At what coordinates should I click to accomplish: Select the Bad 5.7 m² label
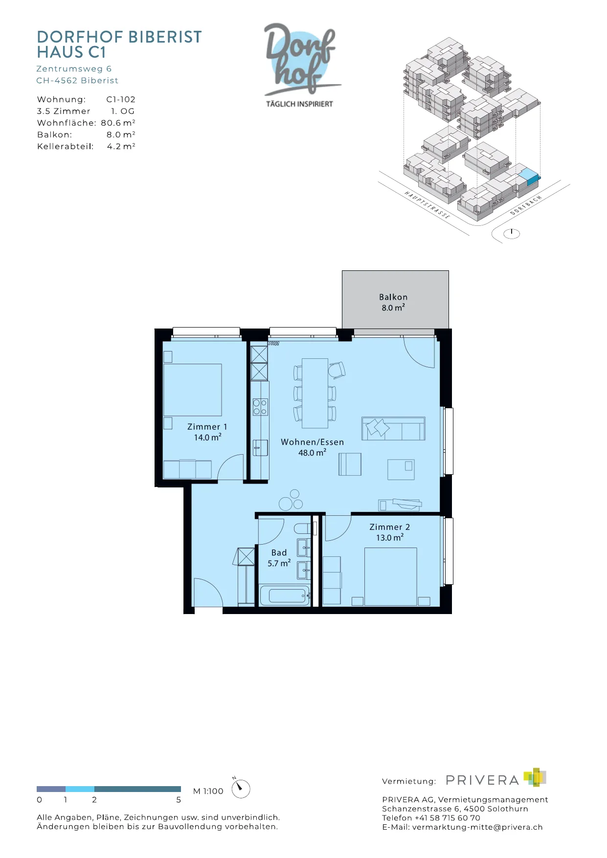279,558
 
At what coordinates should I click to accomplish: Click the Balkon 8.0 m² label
393,302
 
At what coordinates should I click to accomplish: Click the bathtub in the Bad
285,595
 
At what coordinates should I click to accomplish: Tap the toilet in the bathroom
303,528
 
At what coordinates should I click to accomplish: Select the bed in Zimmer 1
192,390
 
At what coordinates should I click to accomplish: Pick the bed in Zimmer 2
390,576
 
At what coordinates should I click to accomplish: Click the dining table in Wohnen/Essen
315,393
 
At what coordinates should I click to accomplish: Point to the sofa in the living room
393,429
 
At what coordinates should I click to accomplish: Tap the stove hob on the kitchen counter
260,407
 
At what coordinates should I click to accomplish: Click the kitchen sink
260,448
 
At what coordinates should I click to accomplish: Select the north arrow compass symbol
240,789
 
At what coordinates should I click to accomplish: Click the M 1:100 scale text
208,791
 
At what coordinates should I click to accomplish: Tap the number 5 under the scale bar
179,800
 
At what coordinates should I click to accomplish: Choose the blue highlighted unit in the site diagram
529,176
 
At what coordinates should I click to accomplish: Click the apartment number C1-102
121,99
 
